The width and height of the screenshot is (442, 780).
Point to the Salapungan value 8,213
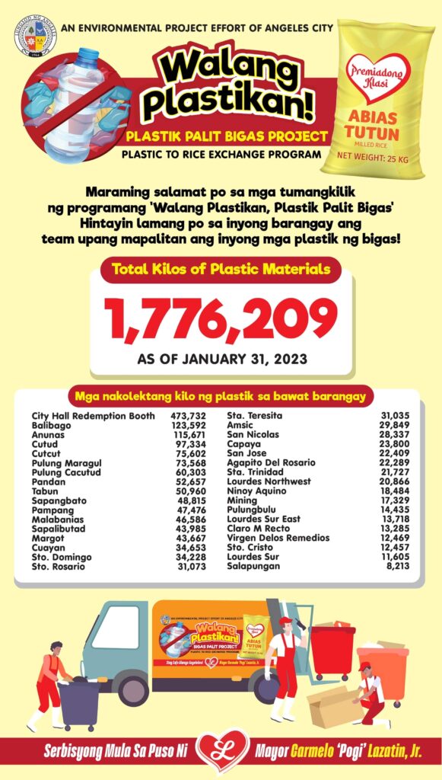tap(396, 566)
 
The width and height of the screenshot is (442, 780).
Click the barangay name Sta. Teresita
tap(255, 416)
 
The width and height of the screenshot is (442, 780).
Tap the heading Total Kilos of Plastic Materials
tap(221, 268)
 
